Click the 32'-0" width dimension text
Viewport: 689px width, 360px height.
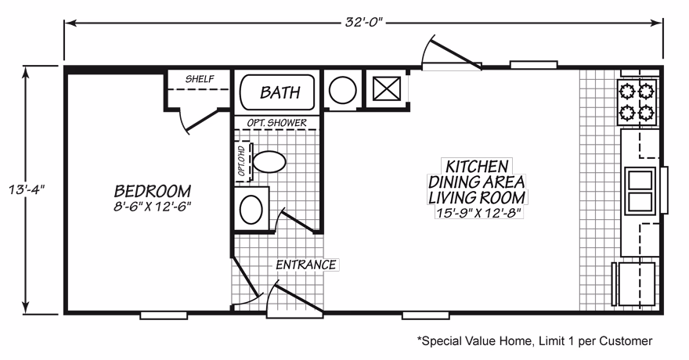point(364,23)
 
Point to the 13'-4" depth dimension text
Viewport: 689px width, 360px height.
point(27,190)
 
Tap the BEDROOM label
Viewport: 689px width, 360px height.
point(153,192)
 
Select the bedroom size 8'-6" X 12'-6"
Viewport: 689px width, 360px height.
point(153,207)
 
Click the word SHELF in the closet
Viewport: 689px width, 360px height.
point(200,79)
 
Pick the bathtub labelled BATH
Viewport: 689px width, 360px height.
point(277,92)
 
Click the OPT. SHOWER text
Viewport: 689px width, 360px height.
point(277,123)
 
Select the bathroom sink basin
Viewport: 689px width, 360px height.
point(251,209)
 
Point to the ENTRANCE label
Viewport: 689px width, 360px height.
point(306,265)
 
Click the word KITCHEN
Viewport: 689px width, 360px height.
point(477,167)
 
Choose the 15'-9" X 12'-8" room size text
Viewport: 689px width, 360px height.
point(478,213)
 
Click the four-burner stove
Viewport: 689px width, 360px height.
point(637,102)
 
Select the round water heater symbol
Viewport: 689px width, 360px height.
point(343,90)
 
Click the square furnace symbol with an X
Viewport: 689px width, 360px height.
point(387,89)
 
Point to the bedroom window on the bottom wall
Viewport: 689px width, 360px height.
point(164,315)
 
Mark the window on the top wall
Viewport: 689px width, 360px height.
point(533,65)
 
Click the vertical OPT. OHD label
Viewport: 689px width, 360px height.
point(241,160)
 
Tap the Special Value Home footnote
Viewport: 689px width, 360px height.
point(534,340)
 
